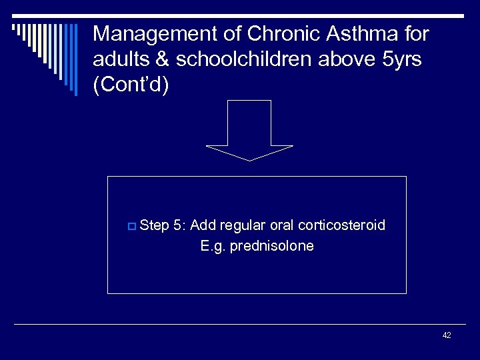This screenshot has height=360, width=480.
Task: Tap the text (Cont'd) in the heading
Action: [x=131, y=87]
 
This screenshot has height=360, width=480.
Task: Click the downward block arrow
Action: [x=249, y=133]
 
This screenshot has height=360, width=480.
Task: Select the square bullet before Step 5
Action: [x=131, y=227]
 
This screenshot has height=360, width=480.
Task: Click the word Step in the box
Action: [x=155, y=226]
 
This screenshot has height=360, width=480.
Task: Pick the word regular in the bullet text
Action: [x=243, y=226]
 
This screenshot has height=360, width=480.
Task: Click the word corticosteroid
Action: [x=343, y=225]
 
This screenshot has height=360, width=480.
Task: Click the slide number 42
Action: [x=447, y=335]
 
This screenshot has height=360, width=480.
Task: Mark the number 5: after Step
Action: [x=179, y=225]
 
